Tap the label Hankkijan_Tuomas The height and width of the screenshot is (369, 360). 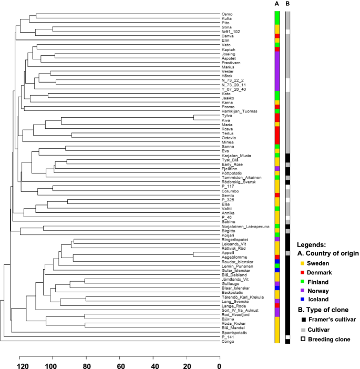point(236,111)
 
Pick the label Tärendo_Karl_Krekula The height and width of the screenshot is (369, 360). point(239,297)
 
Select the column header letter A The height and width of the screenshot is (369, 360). point(276,4)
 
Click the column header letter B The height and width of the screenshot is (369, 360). point(287,4)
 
